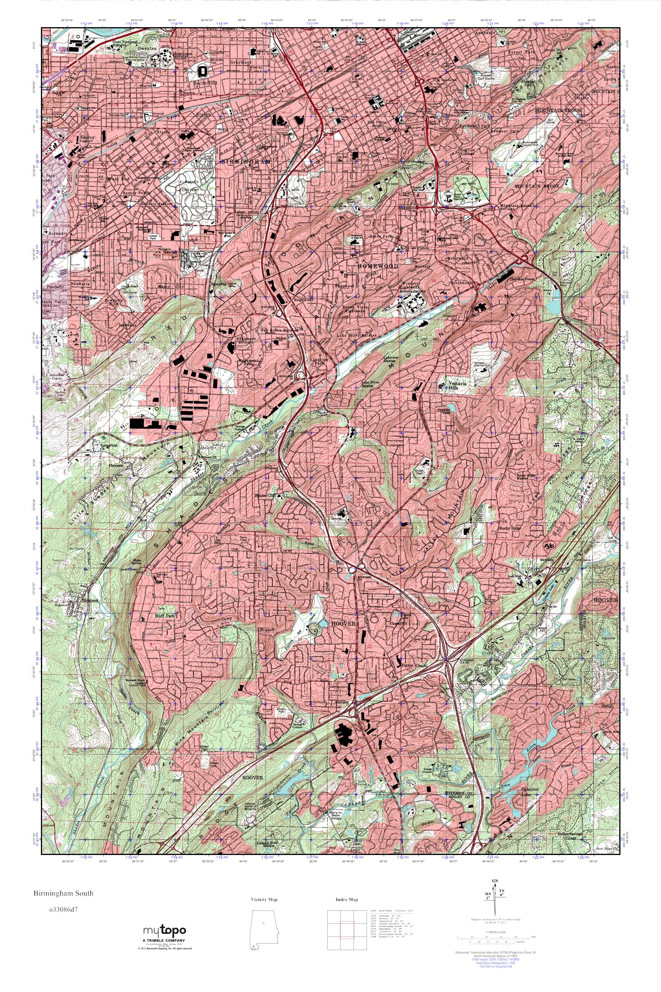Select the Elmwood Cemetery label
pyautogui.click(x=190, y=186)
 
